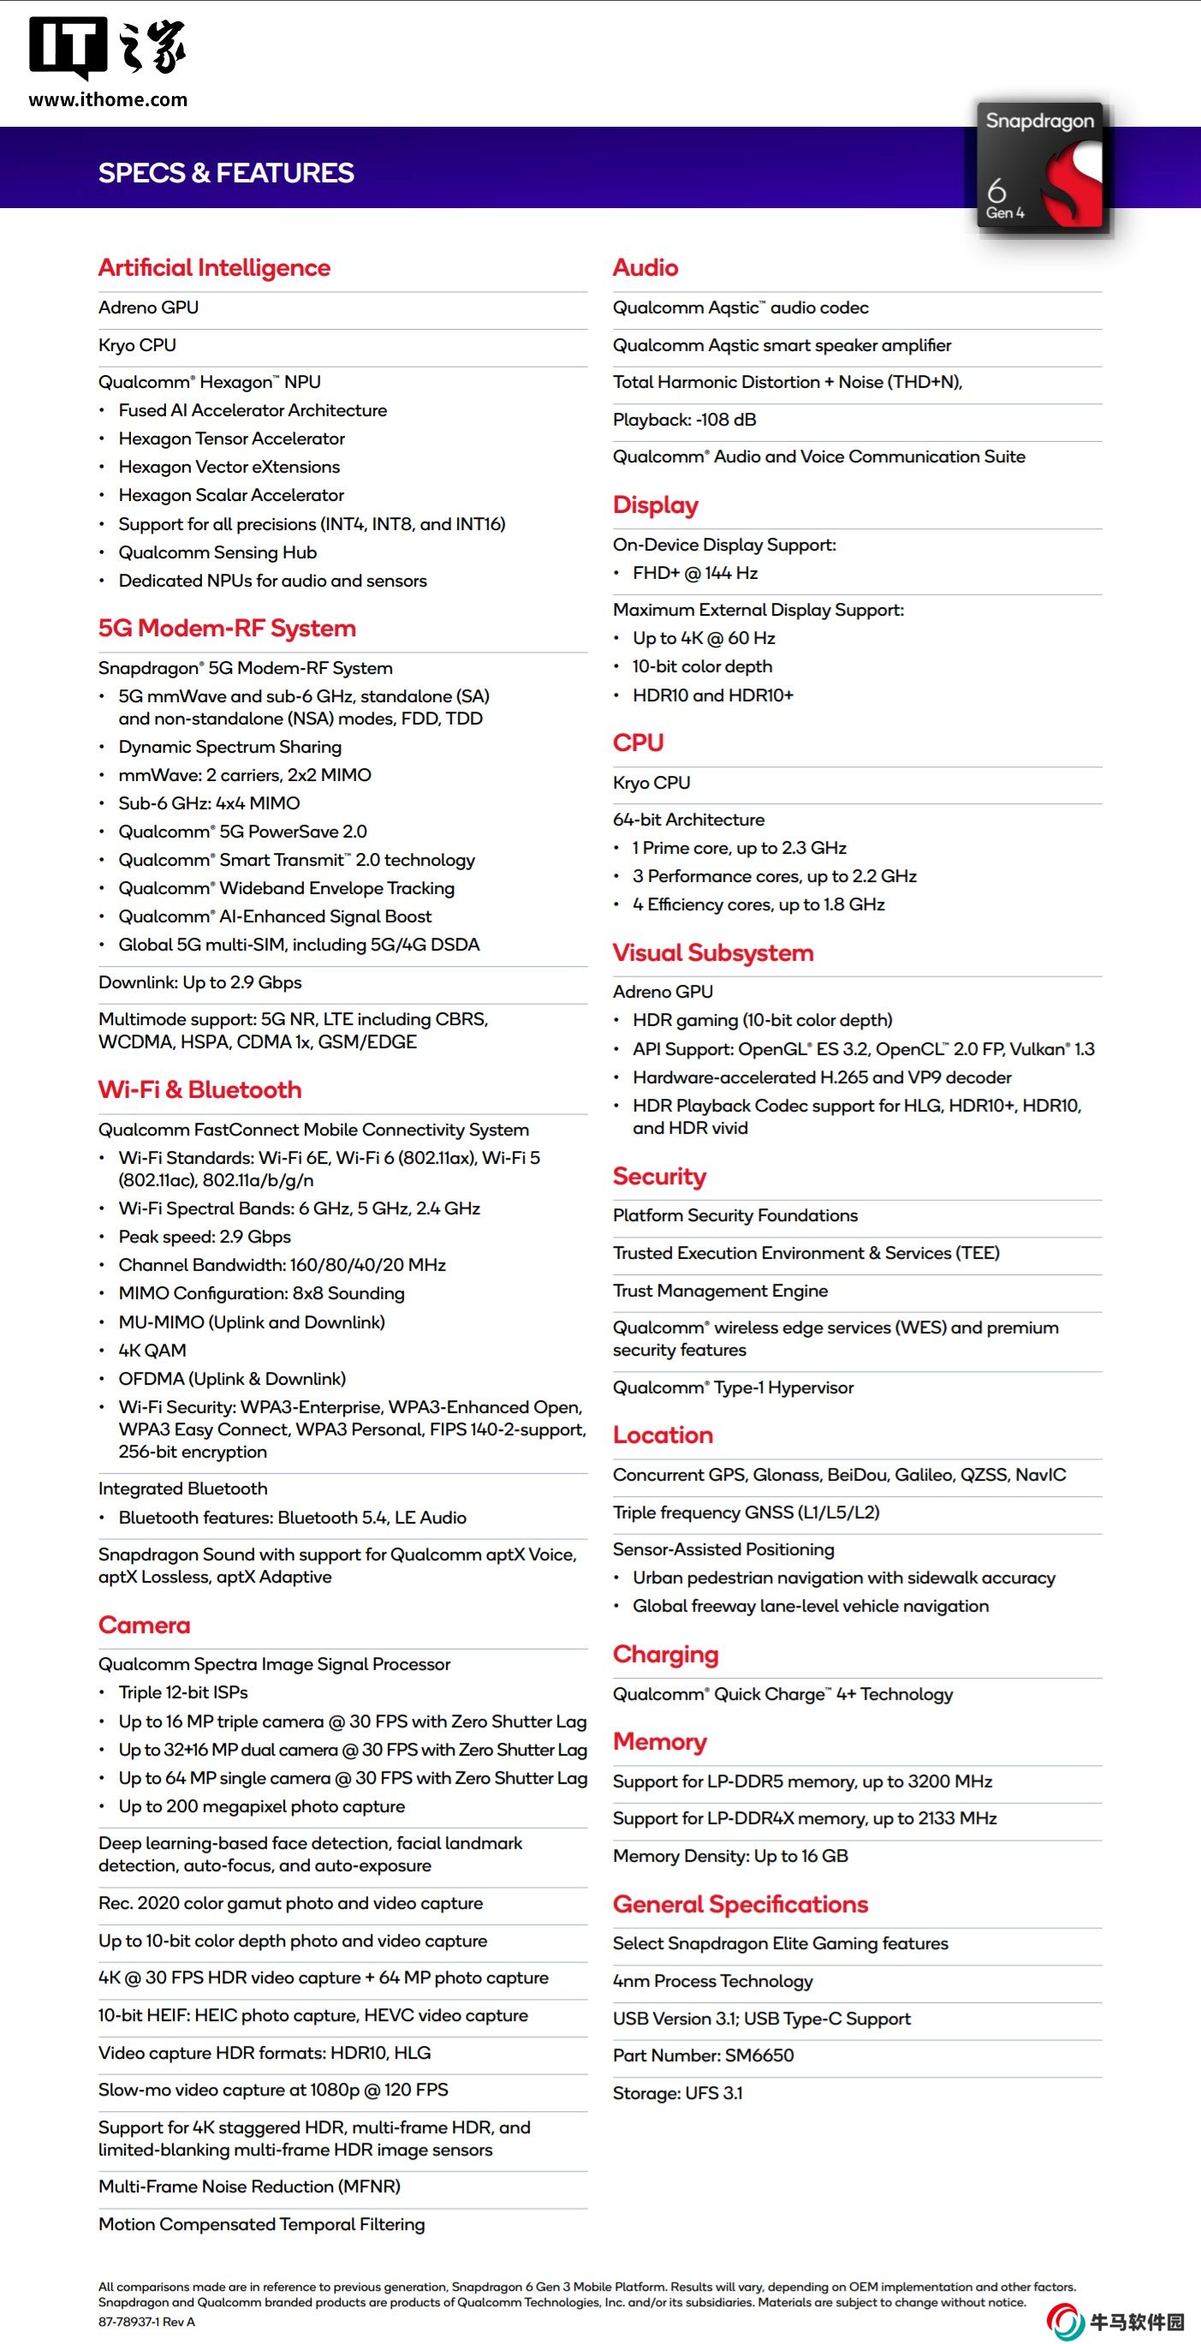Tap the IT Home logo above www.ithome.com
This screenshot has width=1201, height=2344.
point(107,47)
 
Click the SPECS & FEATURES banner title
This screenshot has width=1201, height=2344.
point(226,173)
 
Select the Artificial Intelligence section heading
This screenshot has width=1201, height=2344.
point(214,267)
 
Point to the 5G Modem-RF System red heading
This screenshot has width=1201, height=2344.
point(227,628)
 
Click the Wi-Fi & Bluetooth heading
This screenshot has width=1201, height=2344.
point(199,1089)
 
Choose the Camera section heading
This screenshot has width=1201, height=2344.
point(144,1625)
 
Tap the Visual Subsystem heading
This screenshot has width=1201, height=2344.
point(712,952)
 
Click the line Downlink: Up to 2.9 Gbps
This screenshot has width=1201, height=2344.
point(199,981)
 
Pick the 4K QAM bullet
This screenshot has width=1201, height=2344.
point(152,1351)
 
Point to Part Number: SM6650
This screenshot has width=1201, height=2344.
point(703,2055)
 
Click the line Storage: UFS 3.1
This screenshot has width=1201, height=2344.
point(677,2093)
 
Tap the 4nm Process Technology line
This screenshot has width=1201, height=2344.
point(712,1981)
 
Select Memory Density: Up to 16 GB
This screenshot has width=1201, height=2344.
point(729,1855)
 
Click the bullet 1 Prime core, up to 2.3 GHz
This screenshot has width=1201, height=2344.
point(739,848)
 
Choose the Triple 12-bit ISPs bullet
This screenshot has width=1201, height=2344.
point(183,1691)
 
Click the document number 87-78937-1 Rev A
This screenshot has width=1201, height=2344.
point(146,2321)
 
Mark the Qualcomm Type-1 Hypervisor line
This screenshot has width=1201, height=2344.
point(733,1387)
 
